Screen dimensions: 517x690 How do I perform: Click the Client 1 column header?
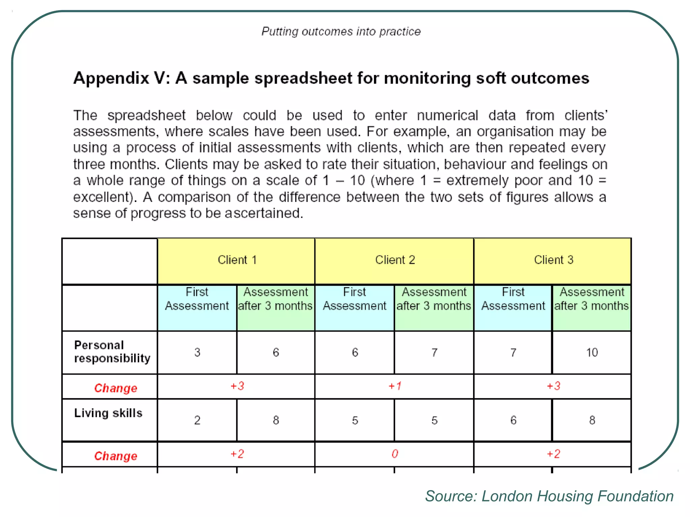(237, 260)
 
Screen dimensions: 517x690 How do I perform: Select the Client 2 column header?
(395, 260)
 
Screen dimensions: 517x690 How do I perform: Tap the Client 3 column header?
(553, 260)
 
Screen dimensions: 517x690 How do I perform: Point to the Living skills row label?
(108, 413)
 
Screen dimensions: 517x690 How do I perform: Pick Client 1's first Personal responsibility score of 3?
(197, 352)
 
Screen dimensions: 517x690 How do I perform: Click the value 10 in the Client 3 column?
(592, 352)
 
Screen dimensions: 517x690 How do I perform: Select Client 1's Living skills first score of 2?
(197, 420)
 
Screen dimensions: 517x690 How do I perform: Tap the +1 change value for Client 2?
(395, 386)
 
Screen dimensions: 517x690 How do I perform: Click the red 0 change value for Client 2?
(395, 454)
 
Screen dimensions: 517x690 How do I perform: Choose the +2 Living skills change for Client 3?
(553, 454)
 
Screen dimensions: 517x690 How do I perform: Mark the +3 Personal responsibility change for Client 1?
(237, 386)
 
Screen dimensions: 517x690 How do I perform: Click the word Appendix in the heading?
(111, 78)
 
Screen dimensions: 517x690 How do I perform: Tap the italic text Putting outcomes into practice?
(341, 32)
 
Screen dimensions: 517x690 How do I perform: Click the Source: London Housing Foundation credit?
(549, 496)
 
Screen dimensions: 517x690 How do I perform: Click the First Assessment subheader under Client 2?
(354, 299)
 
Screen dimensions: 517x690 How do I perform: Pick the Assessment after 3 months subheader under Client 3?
(592, 299)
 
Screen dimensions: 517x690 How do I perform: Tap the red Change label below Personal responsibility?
(116, 388)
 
